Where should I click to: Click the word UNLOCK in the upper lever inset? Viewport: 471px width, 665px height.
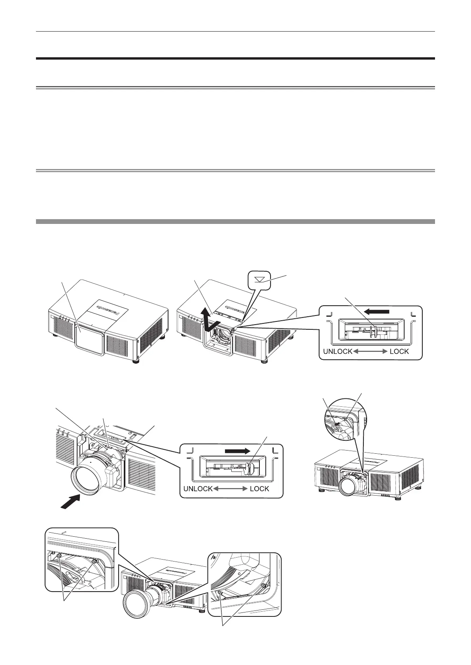(337, 351)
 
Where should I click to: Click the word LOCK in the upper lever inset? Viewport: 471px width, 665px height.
(399, 351)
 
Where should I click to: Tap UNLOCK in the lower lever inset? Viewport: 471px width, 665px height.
(198, 488)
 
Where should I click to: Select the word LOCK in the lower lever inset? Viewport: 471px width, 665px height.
(259, 488)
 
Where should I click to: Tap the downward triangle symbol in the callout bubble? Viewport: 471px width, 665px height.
(259, 279)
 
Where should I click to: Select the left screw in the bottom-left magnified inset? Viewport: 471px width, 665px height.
(59, 556)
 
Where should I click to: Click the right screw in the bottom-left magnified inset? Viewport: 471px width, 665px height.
(94, 561)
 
